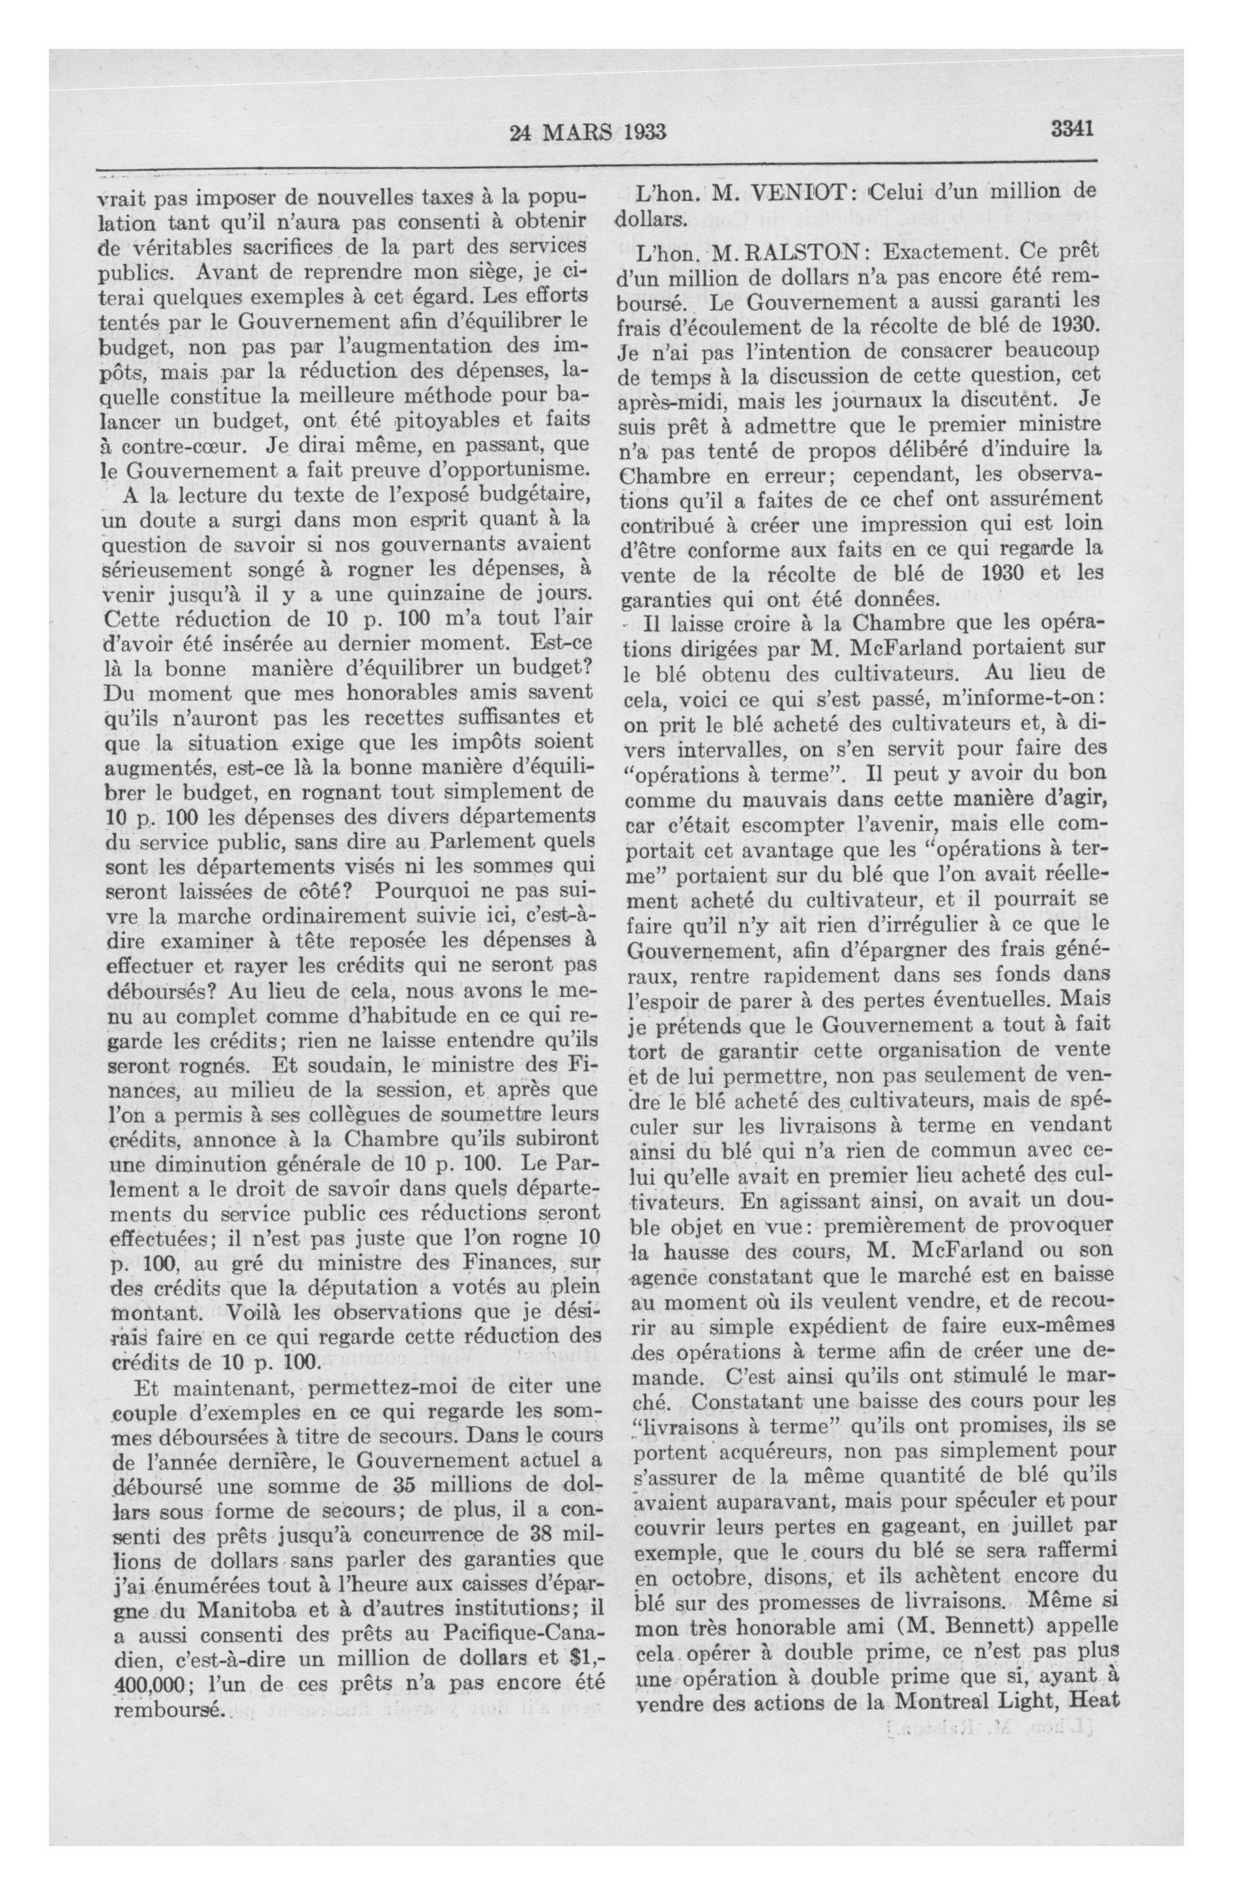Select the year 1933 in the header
(639, 132)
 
